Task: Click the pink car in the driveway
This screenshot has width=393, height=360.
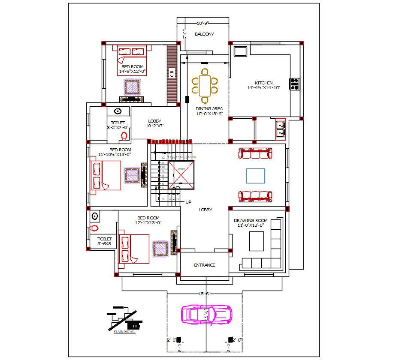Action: (206, 314)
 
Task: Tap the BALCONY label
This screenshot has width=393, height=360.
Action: (204, 34)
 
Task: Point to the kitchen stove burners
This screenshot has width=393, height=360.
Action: (295, 84)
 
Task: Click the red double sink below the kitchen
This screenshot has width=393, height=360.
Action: (280, 129)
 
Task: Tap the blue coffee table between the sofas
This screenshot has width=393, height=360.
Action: (255, 175)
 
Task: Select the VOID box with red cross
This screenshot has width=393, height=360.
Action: (181, 175)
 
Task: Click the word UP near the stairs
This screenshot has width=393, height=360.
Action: (188, 201)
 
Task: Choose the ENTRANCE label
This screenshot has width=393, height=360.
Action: (205, 265)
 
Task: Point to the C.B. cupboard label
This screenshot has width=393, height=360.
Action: (172, 74)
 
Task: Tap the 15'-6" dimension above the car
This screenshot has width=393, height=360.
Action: (204, 294)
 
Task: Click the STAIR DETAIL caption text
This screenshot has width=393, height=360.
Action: (124, 332)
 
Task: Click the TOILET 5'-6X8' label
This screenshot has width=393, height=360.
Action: (104, 241)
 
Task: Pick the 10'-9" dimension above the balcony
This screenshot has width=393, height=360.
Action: (203, 23)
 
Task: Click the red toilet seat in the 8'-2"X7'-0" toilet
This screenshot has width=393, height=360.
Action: (124, 136)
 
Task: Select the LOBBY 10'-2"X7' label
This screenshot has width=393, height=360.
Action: (155, 123)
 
